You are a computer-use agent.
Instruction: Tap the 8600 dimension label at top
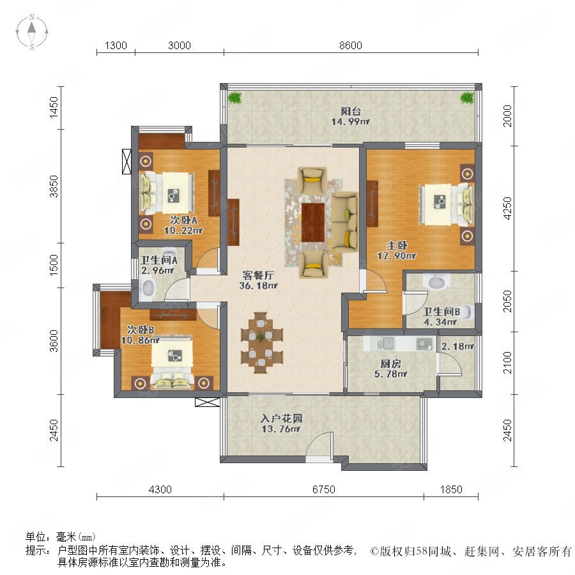(351, 45)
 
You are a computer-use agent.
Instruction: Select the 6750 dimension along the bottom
(324, 489)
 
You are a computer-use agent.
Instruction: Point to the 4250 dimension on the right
(507, 208)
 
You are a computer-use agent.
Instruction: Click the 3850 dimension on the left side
(54, 187)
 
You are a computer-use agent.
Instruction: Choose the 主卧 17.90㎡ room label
(397, 250)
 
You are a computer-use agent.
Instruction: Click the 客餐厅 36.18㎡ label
(259, 280)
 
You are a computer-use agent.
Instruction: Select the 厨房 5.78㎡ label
(390, 369)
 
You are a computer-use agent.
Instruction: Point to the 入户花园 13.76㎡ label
(281, 424)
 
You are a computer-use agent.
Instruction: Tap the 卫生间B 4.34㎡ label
(441, 316)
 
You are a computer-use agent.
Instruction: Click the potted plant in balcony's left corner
(234, 98)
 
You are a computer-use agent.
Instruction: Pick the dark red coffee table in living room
(313, 222)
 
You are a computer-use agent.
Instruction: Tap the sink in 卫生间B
(437, 282)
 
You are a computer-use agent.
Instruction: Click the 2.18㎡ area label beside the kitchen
(457, 346)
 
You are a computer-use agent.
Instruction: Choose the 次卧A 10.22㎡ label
(183, 225)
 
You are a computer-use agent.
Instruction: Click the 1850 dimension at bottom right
(451, 489)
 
